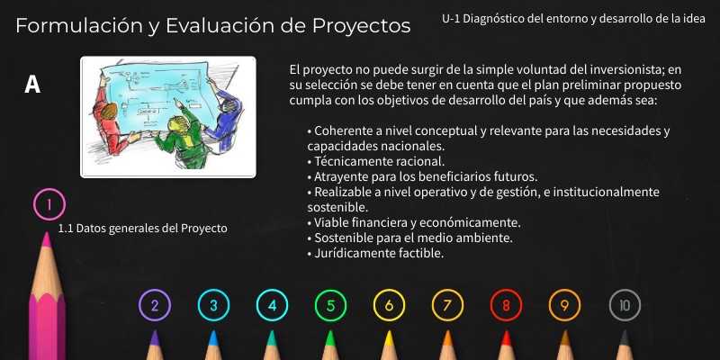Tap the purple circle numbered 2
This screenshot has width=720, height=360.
155,305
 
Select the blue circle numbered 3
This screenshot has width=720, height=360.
213,305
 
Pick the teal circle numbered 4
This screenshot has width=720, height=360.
272,305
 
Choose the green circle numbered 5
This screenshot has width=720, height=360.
330,305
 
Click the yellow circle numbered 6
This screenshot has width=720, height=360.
389,305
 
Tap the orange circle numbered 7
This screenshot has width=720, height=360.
447,305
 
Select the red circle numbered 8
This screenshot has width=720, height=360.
506,305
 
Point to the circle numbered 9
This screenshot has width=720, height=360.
564,305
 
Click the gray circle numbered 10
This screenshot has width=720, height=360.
625,305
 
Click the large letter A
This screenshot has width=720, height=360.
32,85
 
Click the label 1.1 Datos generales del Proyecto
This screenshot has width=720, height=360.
142,228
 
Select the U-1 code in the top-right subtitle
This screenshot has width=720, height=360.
454,18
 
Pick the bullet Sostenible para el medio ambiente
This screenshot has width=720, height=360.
409,238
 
